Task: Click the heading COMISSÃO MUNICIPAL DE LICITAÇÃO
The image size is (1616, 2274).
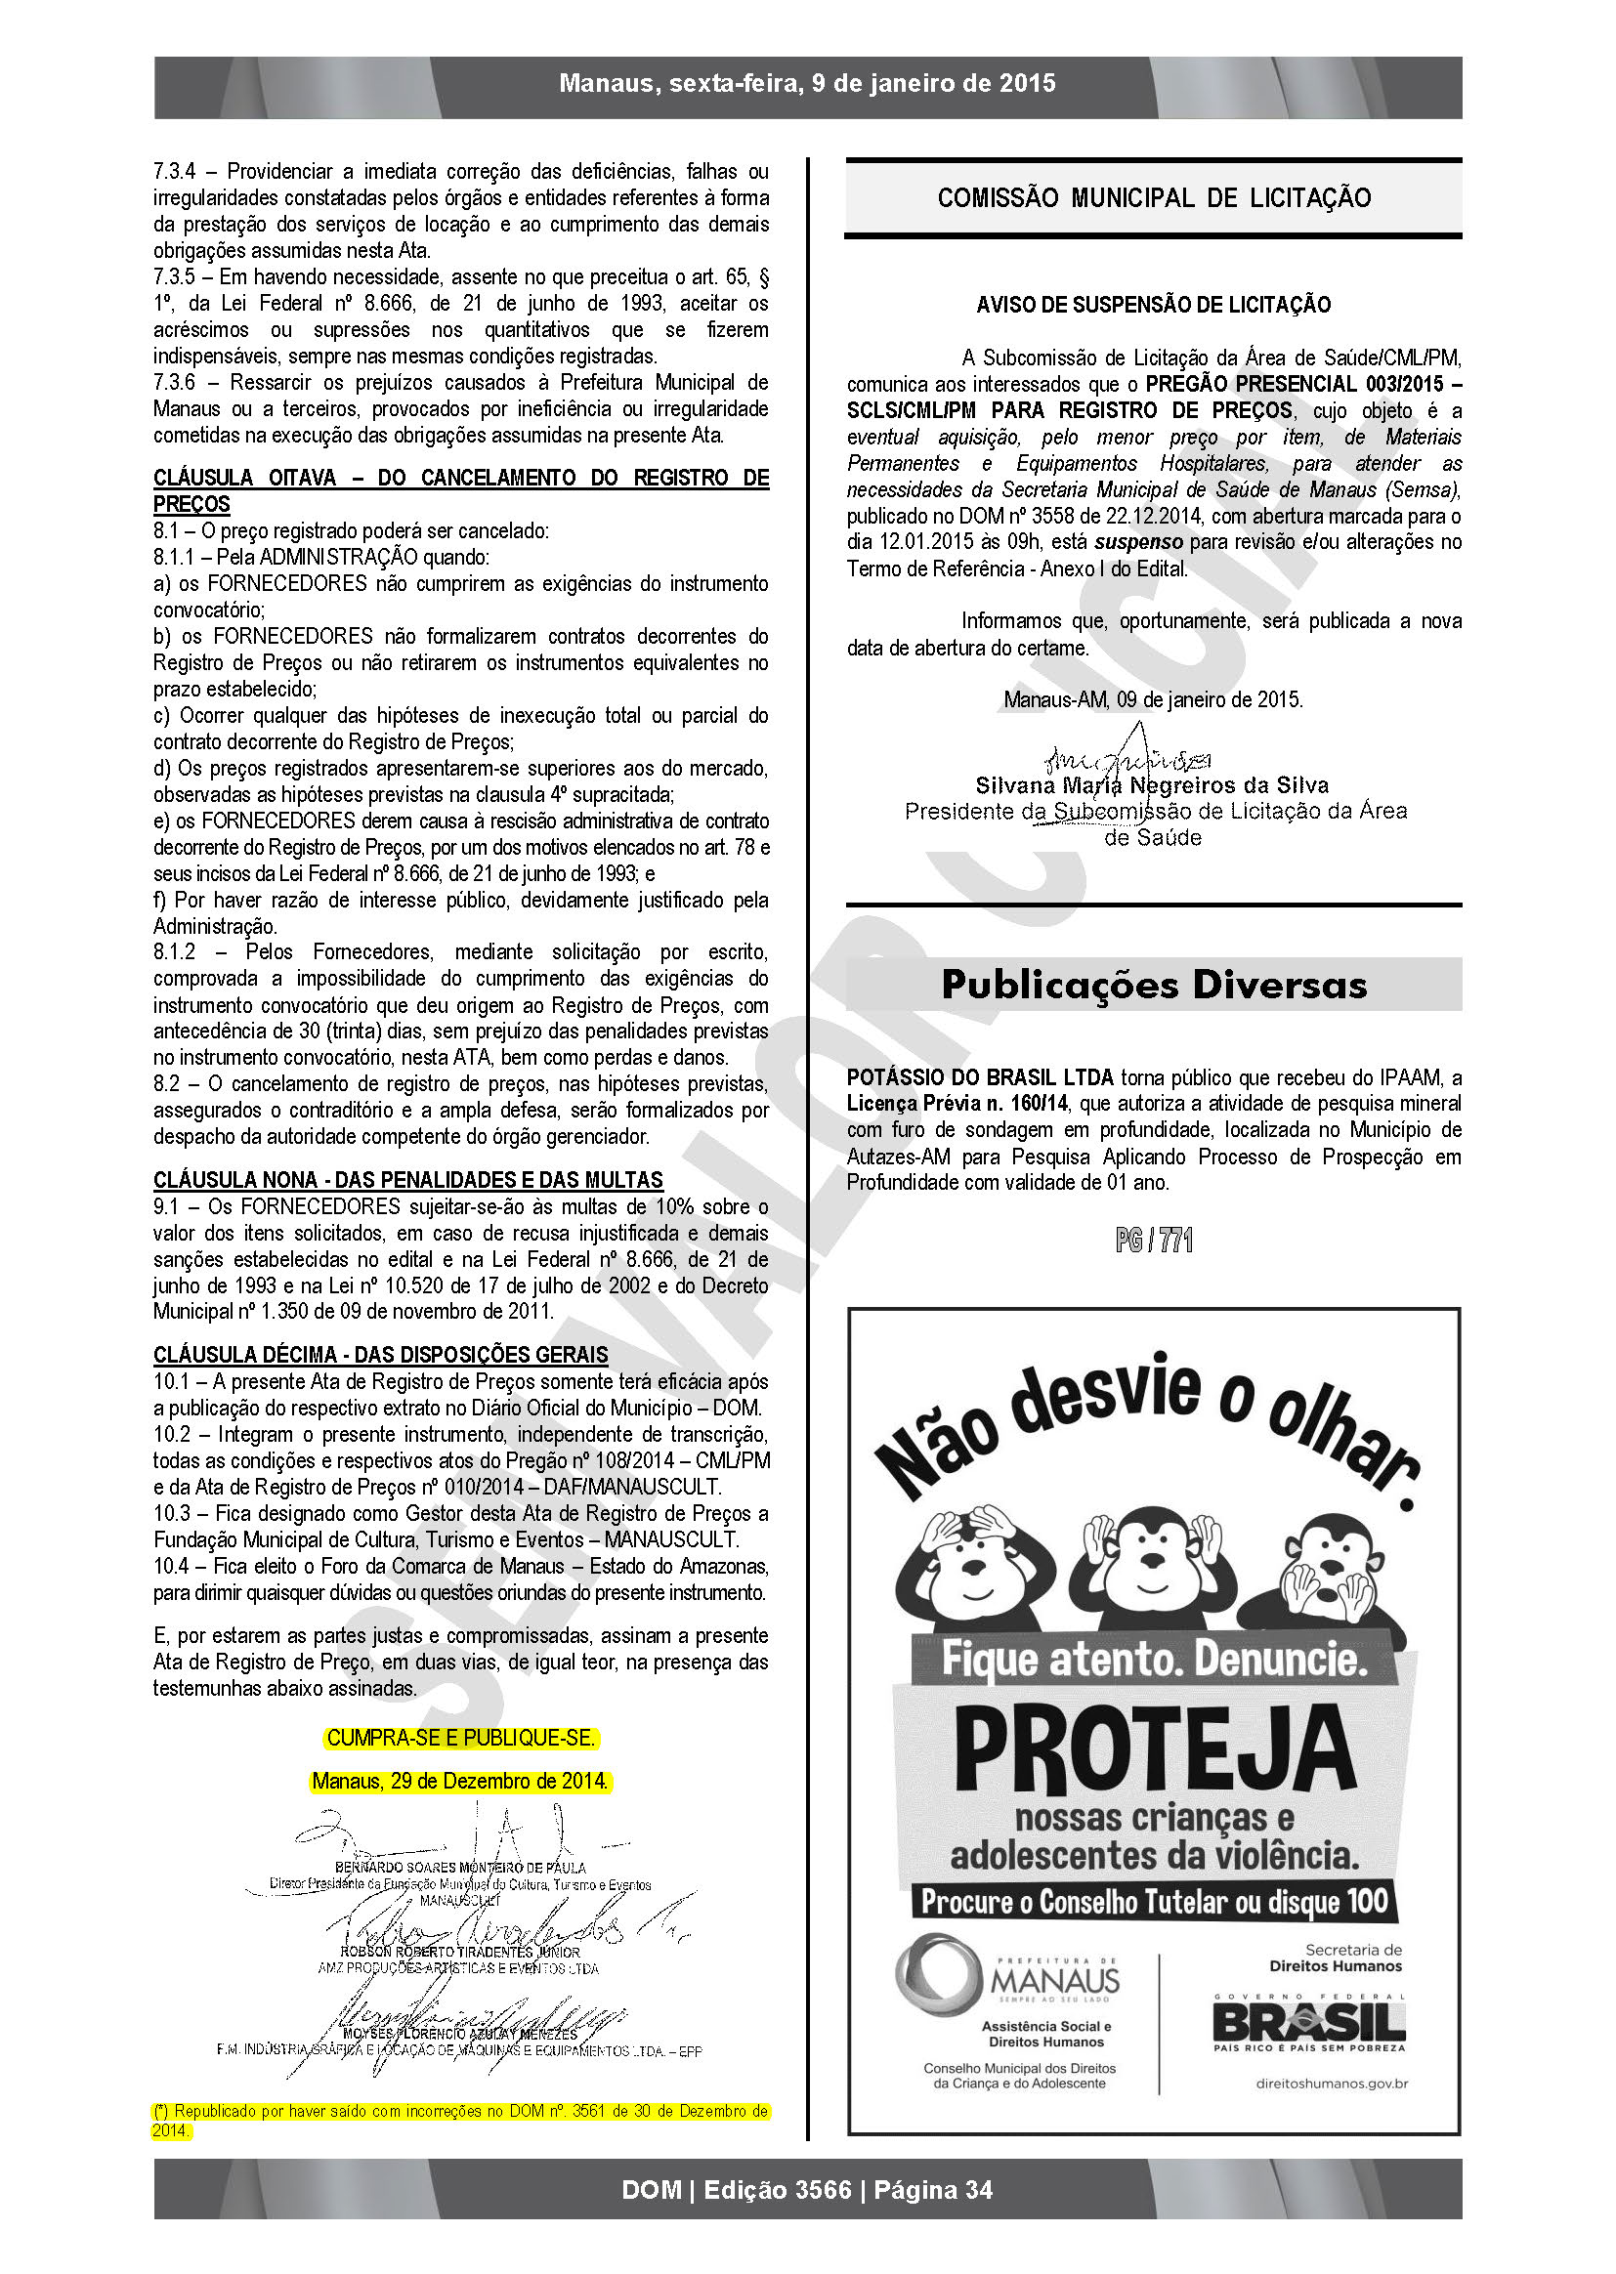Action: point(1153,198)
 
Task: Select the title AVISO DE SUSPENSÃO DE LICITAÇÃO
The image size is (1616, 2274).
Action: point(1153,305)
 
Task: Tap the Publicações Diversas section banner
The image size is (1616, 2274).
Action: point(1153,985)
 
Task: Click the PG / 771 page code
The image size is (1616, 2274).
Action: point(1153,1240)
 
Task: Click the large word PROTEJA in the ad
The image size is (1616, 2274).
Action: point(1154,1750)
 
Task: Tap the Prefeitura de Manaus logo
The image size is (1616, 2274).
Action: point(1007,1981)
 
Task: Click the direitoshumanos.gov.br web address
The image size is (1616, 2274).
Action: point(1332,2083)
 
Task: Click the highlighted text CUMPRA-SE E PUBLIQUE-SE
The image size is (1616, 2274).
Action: point(461,1738)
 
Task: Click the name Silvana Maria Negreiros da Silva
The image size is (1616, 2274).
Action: point(1152,784)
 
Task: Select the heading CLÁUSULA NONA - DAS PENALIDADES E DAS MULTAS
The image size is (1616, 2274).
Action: point(408,1180)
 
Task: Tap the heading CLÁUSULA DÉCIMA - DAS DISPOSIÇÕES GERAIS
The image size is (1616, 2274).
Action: point(380,1355)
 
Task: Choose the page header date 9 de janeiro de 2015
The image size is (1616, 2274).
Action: point(933,84)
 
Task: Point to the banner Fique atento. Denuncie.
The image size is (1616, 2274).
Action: point(1154,1659)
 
